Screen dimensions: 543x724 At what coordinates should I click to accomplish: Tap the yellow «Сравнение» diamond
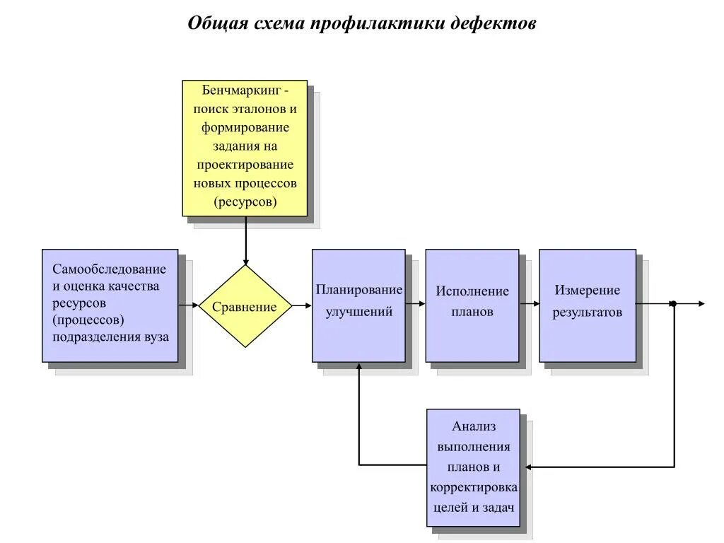[245, 306]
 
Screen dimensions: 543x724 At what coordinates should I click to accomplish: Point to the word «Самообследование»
[109, 269]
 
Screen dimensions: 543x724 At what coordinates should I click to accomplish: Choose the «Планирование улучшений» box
[358, 305]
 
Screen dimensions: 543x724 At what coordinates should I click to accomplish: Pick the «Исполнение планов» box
[472, 305]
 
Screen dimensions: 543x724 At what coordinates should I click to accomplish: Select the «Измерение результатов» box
[587, 305]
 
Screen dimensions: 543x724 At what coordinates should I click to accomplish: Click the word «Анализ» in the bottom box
[474, 426]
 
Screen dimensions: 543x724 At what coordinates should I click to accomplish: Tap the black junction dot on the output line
[673, 304]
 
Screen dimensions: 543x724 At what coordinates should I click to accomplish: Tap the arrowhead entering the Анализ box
[526, 467]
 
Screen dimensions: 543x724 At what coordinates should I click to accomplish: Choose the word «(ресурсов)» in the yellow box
[245, 202]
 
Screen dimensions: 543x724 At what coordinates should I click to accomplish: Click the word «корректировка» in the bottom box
[474, 488]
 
